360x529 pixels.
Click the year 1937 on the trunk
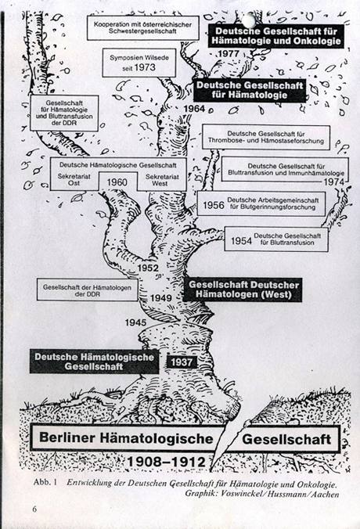pos(182,362)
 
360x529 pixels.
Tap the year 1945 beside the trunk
pos(135,322)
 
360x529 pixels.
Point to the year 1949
pos(161,298)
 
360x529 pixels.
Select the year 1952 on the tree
pos(148,268)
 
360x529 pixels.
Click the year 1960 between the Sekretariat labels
pos(117,182)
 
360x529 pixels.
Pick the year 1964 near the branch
pos(194,109)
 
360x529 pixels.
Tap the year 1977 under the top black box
pos(229,53)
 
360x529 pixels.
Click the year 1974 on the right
pos(334,182)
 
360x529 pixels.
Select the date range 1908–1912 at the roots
pos(166,462)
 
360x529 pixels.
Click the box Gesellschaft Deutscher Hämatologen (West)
pos(243,290)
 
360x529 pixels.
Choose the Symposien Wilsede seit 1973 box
pos(139,63)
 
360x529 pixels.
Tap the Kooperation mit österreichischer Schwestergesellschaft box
pos(142,27)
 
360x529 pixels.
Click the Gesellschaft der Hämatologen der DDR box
pos(87,290)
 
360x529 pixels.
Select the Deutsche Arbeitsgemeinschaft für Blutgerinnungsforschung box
pos(261,203)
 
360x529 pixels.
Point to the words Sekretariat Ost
pos(74,180)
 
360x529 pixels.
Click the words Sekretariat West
pos(160,180)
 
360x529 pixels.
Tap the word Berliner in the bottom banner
pos(66,437)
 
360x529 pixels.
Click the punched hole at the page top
pos(249,20)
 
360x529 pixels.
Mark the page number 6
pos(34,509)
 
